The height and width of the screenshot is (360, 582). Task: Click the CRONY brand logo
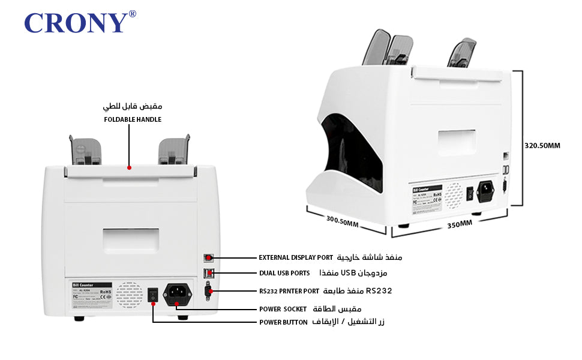76,23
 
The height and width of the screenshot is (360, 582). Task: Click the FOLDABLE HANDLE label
133,119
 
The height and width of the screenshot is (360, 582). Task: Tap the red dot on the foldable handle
129,169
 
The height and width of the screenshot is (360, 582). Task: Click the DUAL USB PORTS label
284,273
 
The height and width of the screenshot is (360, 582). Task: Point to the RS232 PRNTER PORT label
289,291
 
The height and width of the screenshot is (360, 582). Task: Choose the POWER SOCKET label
283,308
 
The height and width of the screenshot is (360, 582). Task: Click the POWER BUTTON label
283,322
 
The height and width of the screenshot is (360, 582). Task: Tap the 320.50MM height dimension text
542,145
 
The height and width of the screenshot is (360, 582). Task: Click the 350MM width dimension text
460,224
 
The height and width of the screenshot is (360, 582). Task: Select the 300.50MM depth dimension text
342,221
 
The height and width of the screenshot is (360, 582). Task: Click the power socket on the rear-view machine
178,293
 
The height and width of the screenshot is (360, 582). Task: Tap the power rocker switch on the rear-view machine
153,294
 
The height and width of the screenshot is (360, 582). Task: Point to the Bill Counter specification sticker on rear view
92,293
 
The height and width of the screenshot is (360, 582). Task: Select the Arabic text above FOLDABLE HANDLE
133,106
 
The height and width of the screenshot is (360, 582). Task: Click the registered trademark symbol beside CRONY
132,14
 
